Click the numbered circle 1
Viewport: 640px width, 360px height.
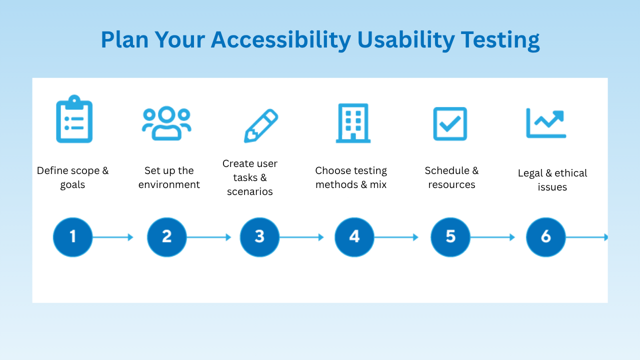(73, 237)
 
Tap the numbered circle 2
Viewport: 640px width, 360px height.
(167, 237)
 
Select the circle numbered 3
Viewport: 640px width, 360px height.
(259, 237)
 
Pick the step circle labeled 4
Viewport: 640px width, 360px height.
(354, 237)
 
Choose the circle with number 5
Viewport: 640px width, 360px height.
(450, 237)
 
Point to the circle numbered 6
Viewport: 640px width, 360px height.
(545, 237)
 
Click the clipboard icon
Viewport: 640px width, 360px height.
(74, 119)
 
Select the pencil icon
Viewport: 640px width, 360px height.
(261, 125)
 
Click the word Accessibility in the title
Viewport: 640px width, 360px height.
(281, 40)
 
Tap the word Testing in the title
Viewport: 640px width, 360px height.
(500, 40)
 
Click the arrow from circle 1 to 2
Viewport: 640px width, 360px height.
(113, 237)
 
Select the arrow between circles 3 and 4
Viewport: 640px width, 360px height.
(301, 237)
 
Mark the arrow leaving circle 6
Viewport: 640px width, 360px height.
(586, 237)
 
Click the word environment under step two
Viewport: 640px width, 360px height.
(169, 184)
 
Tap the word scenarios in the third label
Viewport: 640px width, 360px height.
(250, 191)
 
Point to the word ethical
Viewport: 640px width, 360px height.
(571, 173)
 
